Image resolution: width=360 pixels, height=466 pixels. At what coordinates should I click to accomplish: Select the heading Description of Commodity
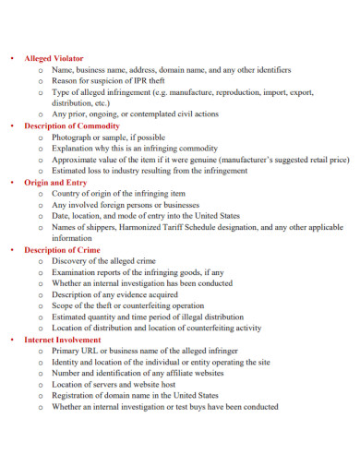72,125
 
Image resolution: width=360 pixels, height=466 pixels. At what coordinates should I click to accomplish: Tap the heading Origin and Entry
55,182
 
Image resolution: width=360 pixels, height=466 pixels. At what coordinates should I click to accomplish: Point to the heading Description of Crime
63,249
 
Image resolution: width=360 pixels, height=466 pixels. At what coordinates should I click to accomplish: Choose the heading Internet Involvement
63,339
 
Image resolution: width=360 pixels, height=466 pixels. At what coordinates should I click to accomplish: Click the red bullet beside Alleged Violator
11,58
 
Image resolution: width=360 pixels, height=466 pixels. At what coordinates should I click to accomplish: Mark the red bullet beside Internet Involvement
11,339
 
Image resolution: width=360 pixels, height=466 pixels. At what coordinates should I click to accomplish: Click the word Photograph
75,137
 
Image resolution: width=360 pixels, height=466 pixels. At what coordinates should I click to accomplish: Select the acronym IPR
141,80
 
